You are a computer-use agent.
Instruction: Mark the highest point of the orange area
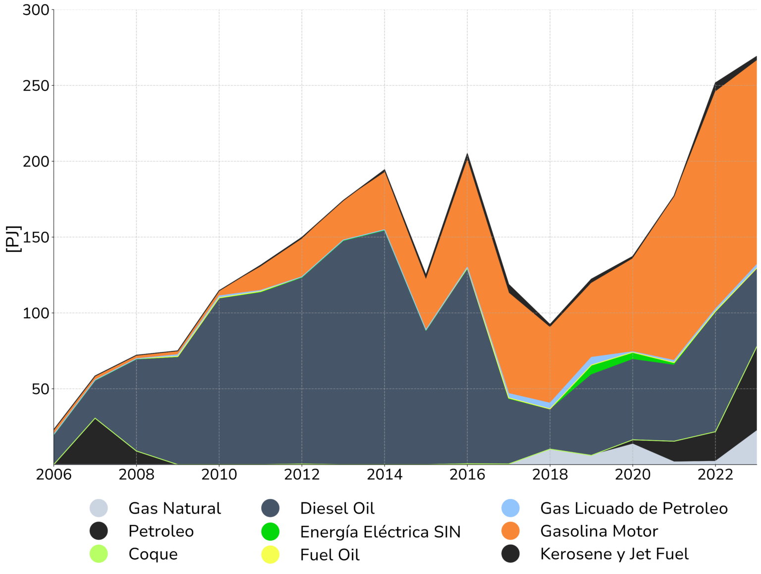(756, 62)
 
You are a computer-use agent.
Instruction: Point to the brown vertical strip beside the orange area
(759, 159)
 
